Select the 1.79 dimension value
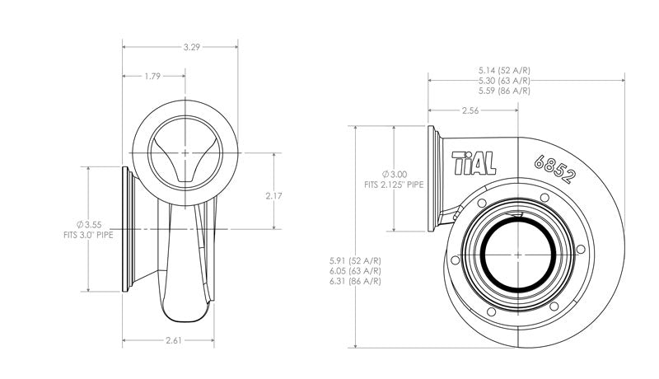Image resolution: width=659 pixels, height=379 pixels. pos(151,76)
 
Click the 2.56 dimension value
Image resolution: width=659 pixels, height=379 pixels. pos(470,110)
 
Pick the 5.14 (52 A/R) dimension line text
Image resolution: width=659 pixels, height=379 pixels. pos(504,71)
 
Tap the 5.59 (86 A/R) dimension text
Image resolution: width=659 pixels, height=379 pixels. pos(504,91)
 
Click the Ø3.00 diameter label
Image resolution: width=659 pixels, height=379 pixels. pos(395,175)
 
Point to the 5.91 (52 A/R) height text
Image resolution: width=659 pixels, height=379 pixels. pos(354,261)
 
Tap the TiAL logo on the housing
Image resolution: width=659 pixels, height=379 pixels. pos(474,162)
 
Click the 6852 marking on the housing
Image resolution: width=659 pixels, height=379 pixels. pos(554,168)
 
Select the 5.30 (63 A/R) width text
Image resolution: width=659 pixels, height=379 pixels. pos(504,81)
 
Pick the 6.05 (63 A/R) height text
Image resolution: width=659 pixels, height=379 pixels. pos(354,271)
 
